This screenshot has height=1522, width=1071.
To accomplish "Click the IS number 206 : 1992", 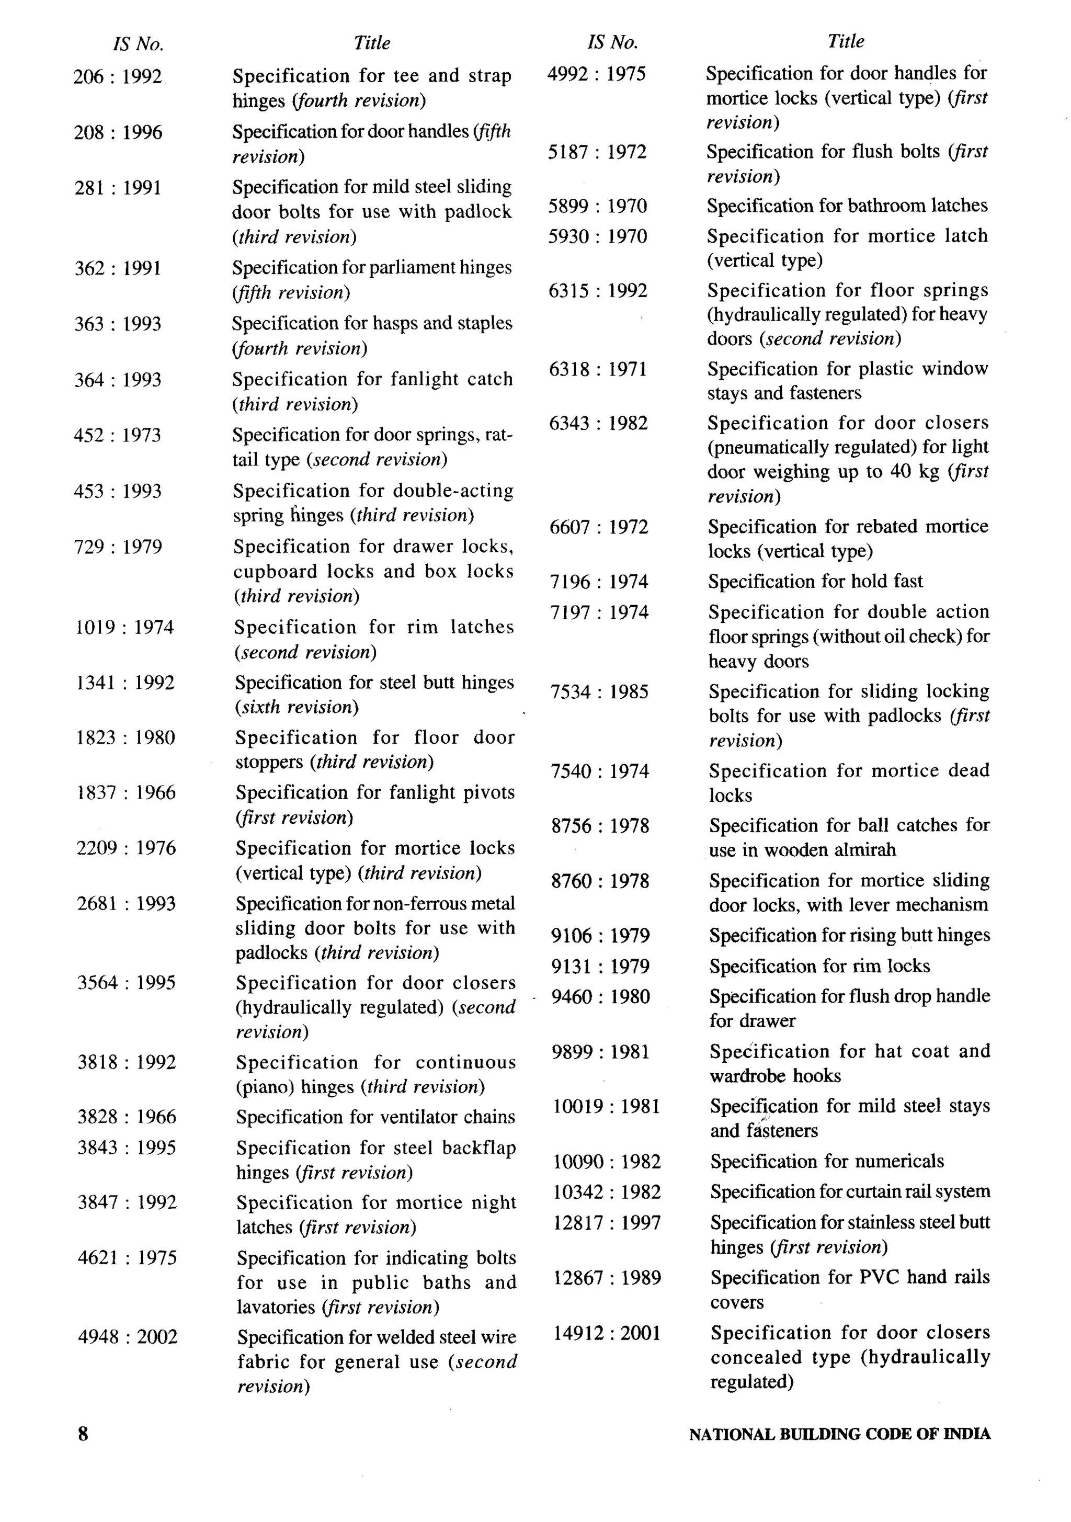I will [x=117, y=77].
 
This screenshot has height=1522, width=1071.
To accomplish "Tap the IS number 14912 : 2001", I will [x=607, y=1333].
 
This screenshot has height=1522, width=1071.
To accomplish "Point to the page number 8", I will [x=83, y=1434].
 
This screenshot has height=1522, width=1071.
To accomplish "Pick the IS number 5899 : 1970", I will [x=597, y=206].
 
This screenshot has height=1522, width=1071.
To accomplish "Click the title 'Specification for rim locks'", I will [x=819, y=966].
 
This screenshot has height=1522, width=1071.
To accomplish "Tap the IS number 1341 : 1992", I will [x=126, y=683].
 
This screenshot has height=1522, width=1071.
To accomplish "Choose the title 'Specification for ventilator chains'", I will [x=375, y=1117].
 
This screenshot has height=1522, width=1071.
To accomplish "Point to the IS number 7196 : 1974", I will [x=598, y=582].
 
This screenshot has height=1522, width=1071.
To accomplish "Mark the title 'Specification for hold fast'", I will [x=815, y=582].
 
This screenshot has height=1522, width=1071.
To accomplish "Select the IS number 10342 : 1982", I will [x=607, y=1192].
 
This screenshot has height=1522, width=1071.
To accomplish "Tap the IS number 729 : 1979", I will [x=118, y=547].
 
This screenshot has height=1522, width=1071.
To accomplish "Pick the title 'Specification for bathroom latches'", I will [x=846, y=206].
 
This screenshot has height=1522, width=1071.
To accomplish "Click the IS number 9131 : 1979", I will [x=600, y=967].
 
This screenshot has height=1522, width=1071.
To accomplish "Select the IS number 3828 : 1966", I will [x=127, y=1117].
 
